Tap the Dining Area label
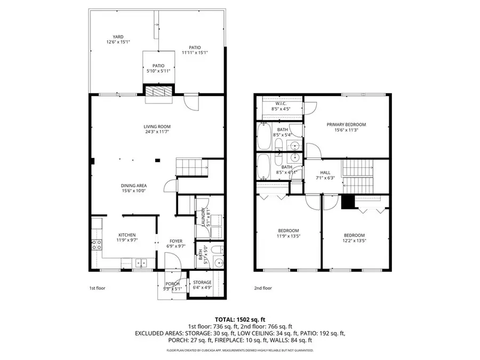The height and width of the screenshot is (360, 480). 133,186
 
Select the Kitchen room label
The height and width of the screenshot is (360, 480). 126,235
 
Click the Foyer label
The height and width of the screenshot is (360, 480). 176,241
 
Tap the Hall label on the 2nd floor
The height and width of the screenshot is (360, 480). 325,172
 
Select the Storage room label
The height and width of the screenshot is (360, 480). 202,282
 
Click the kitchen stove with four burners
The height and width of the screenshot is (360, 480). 97,245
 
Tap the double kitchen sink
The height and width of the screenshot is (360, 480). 141,262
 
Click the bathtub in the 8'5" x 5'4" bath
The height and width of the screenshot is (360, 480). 264,137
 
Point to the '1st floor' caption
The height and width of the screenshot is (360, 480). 97,289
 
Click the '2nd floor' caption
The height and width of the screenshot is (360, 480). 262,289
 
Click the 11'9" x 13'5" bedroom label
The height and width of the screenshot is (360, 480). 288,233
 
